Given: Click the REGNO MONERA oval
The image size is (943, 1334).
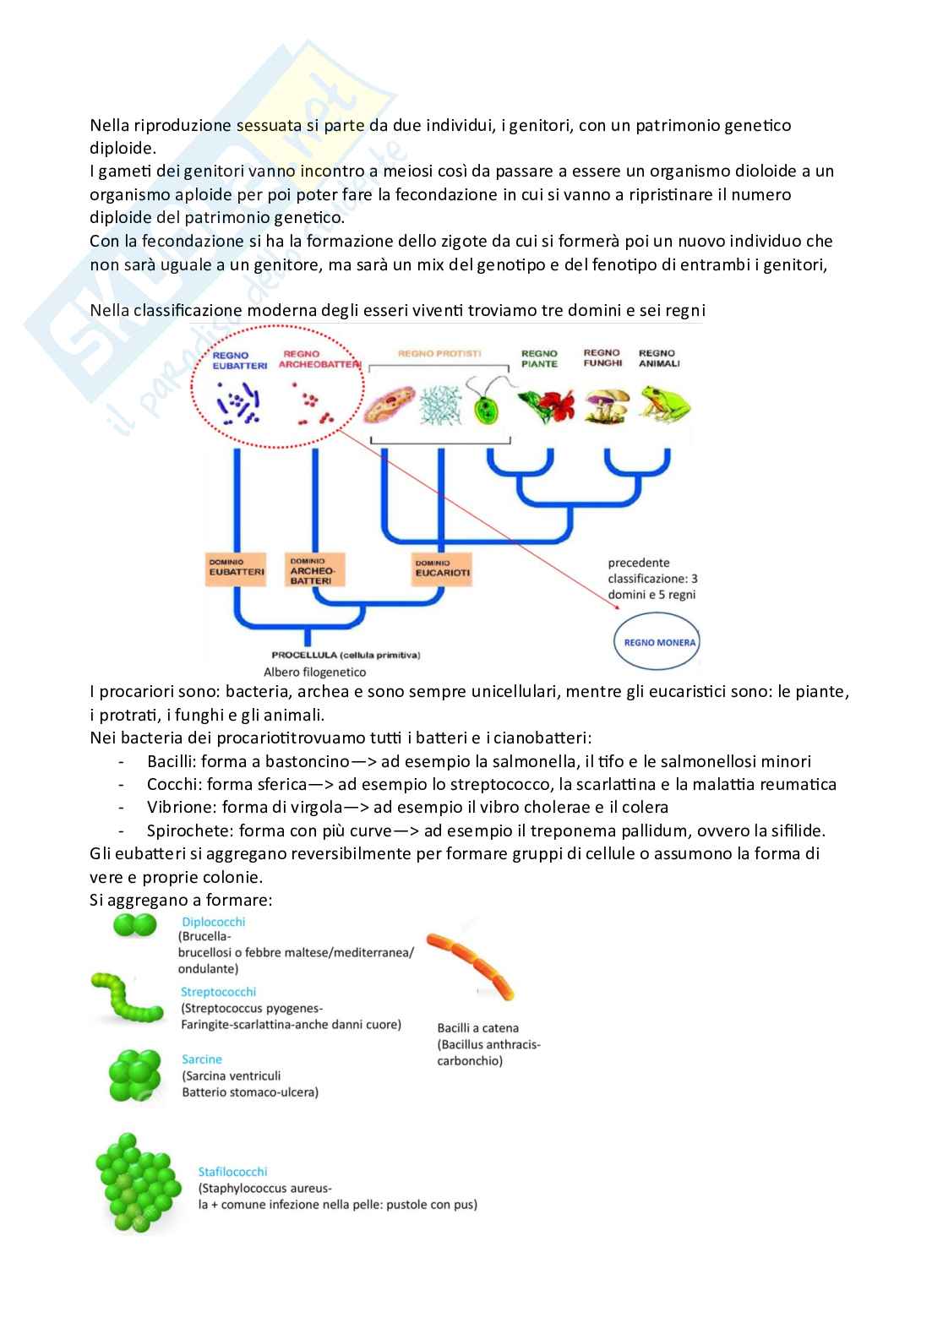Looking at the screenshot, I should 659,642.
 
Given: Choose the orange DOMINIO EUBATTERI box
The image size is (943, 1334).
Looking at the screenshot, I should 237,567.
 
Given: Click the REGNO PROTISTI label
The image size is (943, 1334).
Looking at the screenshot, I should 439,354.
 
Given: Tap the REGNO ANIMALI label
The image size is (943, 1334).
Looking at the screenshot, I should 658,358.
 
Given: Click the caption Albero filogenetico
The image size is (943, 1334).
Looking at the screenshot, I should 314,672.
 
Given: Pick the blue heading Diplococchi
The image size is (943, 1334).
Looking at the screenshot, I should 213,922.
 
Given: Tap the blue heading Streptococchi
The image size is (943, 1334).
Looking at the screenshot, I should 218,992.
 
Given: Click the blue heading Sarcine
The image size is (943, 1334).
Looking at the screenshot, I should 202,1059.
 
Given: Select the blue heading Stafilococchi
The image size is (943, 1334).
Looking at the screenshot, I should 232,1172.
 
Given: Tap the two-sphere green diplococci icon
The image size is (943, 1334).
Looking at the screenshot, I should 135,925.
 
